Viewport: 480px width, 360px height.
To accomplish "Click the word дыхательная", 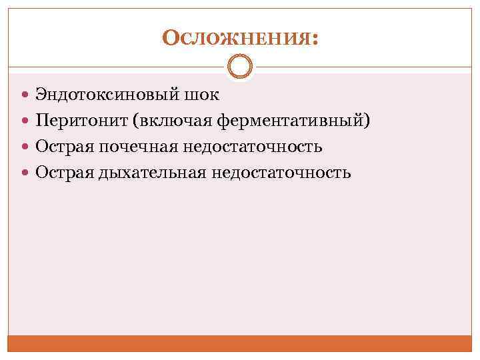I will coord(153,173).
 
